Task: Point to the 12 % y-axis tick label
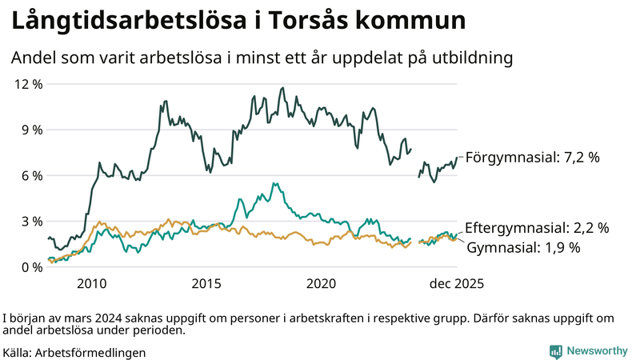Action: tap(27, 84)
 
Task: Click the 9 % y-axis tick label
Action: tap(31, 130)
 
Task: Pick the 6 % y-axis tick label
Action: tap(31, 175)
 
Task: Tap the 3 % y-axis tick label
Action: tap(31, 222)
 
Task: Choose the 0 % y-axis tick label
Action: tap(31, 267)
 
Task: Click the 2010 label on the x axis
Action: tap(92, 284)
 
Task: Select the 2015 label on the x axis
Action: tap(206, 284)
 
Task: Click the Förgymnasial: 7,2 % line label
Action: tap(532, 158)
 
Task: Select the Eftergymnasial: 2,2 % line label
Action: tap(537, 228)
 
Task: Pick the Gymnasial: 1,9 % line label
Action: tap(523, 248)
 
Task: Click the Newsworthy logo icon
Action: tap(555, 351)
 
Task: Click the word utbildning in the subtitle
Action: tap(470, 58)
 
